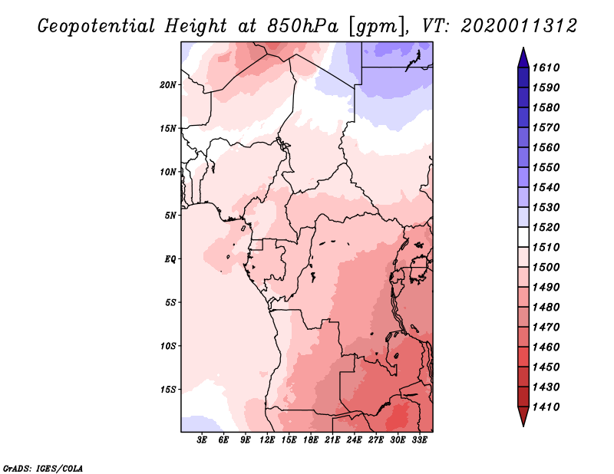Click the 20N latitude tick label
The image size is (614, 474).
coord(168,84)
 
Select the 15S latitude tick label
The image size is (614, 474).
coord(168,389)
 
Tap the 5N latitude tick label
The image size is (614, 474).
coord(170,216)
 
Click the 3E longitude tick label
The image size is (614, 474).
coord(203,440)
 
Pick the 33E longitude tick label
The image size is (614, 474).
coord(419,440)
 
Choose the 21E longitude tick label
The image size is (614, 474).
coord(332,440)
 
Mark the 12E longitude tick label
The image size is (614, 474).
coord(267,440)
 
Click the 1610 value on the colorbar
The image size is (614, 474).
coord(548,67)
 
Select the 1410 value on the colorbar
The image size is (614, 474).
coord(548,407)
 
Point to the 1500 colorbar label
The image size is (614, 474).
coord(548,267)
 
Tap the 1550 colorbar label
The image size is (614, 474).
coord(548,167)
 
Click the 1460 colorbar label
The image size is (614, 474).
coord(548,347)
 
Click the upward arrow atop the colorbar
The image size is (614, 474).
coord(523,56)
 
